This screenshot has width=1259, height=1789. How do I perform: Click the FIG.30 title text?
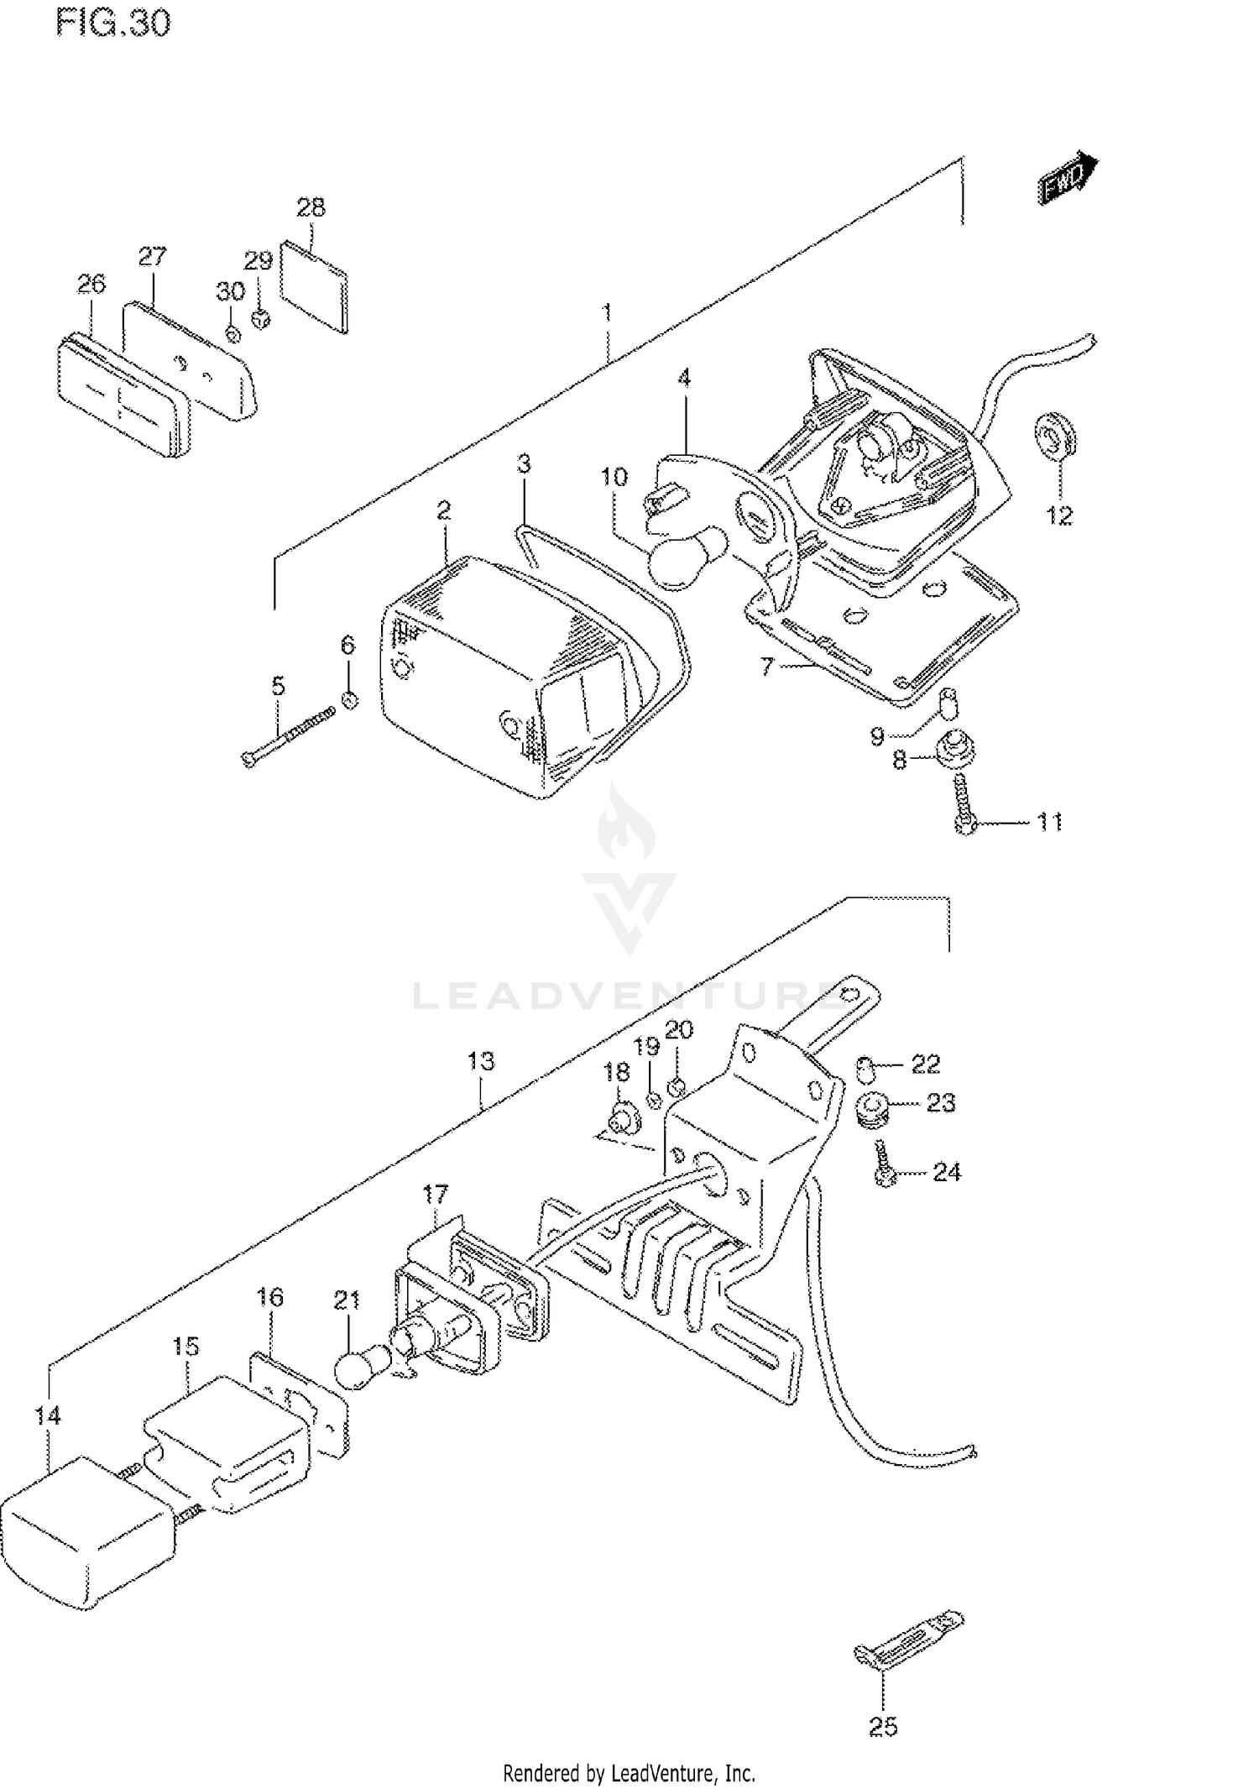(x=113, y=23)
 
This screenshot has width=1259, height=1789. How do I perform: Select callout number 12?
(x=1059, y=515)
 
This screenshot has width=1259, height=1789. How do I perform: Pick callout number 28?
(x=311, y=207)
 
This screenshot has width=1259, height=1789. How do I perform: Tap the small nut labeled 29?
(x=262, y=319)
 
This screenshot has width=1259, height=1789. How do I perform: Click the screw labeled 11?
(x=964, y=803)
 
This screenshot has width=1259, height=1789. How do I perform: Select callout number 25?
(x=883, y=1727)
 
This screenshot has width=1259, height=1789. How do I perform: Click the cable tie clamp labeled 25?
(x=908, y=1636)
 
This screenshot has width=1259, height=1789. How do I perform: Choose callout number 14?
(x=48, y=1415)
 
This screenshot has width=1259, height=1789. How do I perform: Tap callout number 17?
(x=436, y=1193)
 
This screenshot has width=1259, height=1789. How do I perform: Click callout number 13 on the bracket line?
(x=481, y=1061)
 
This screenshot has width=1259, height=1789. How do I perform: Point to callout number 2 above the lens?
(x=443, y=510)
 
